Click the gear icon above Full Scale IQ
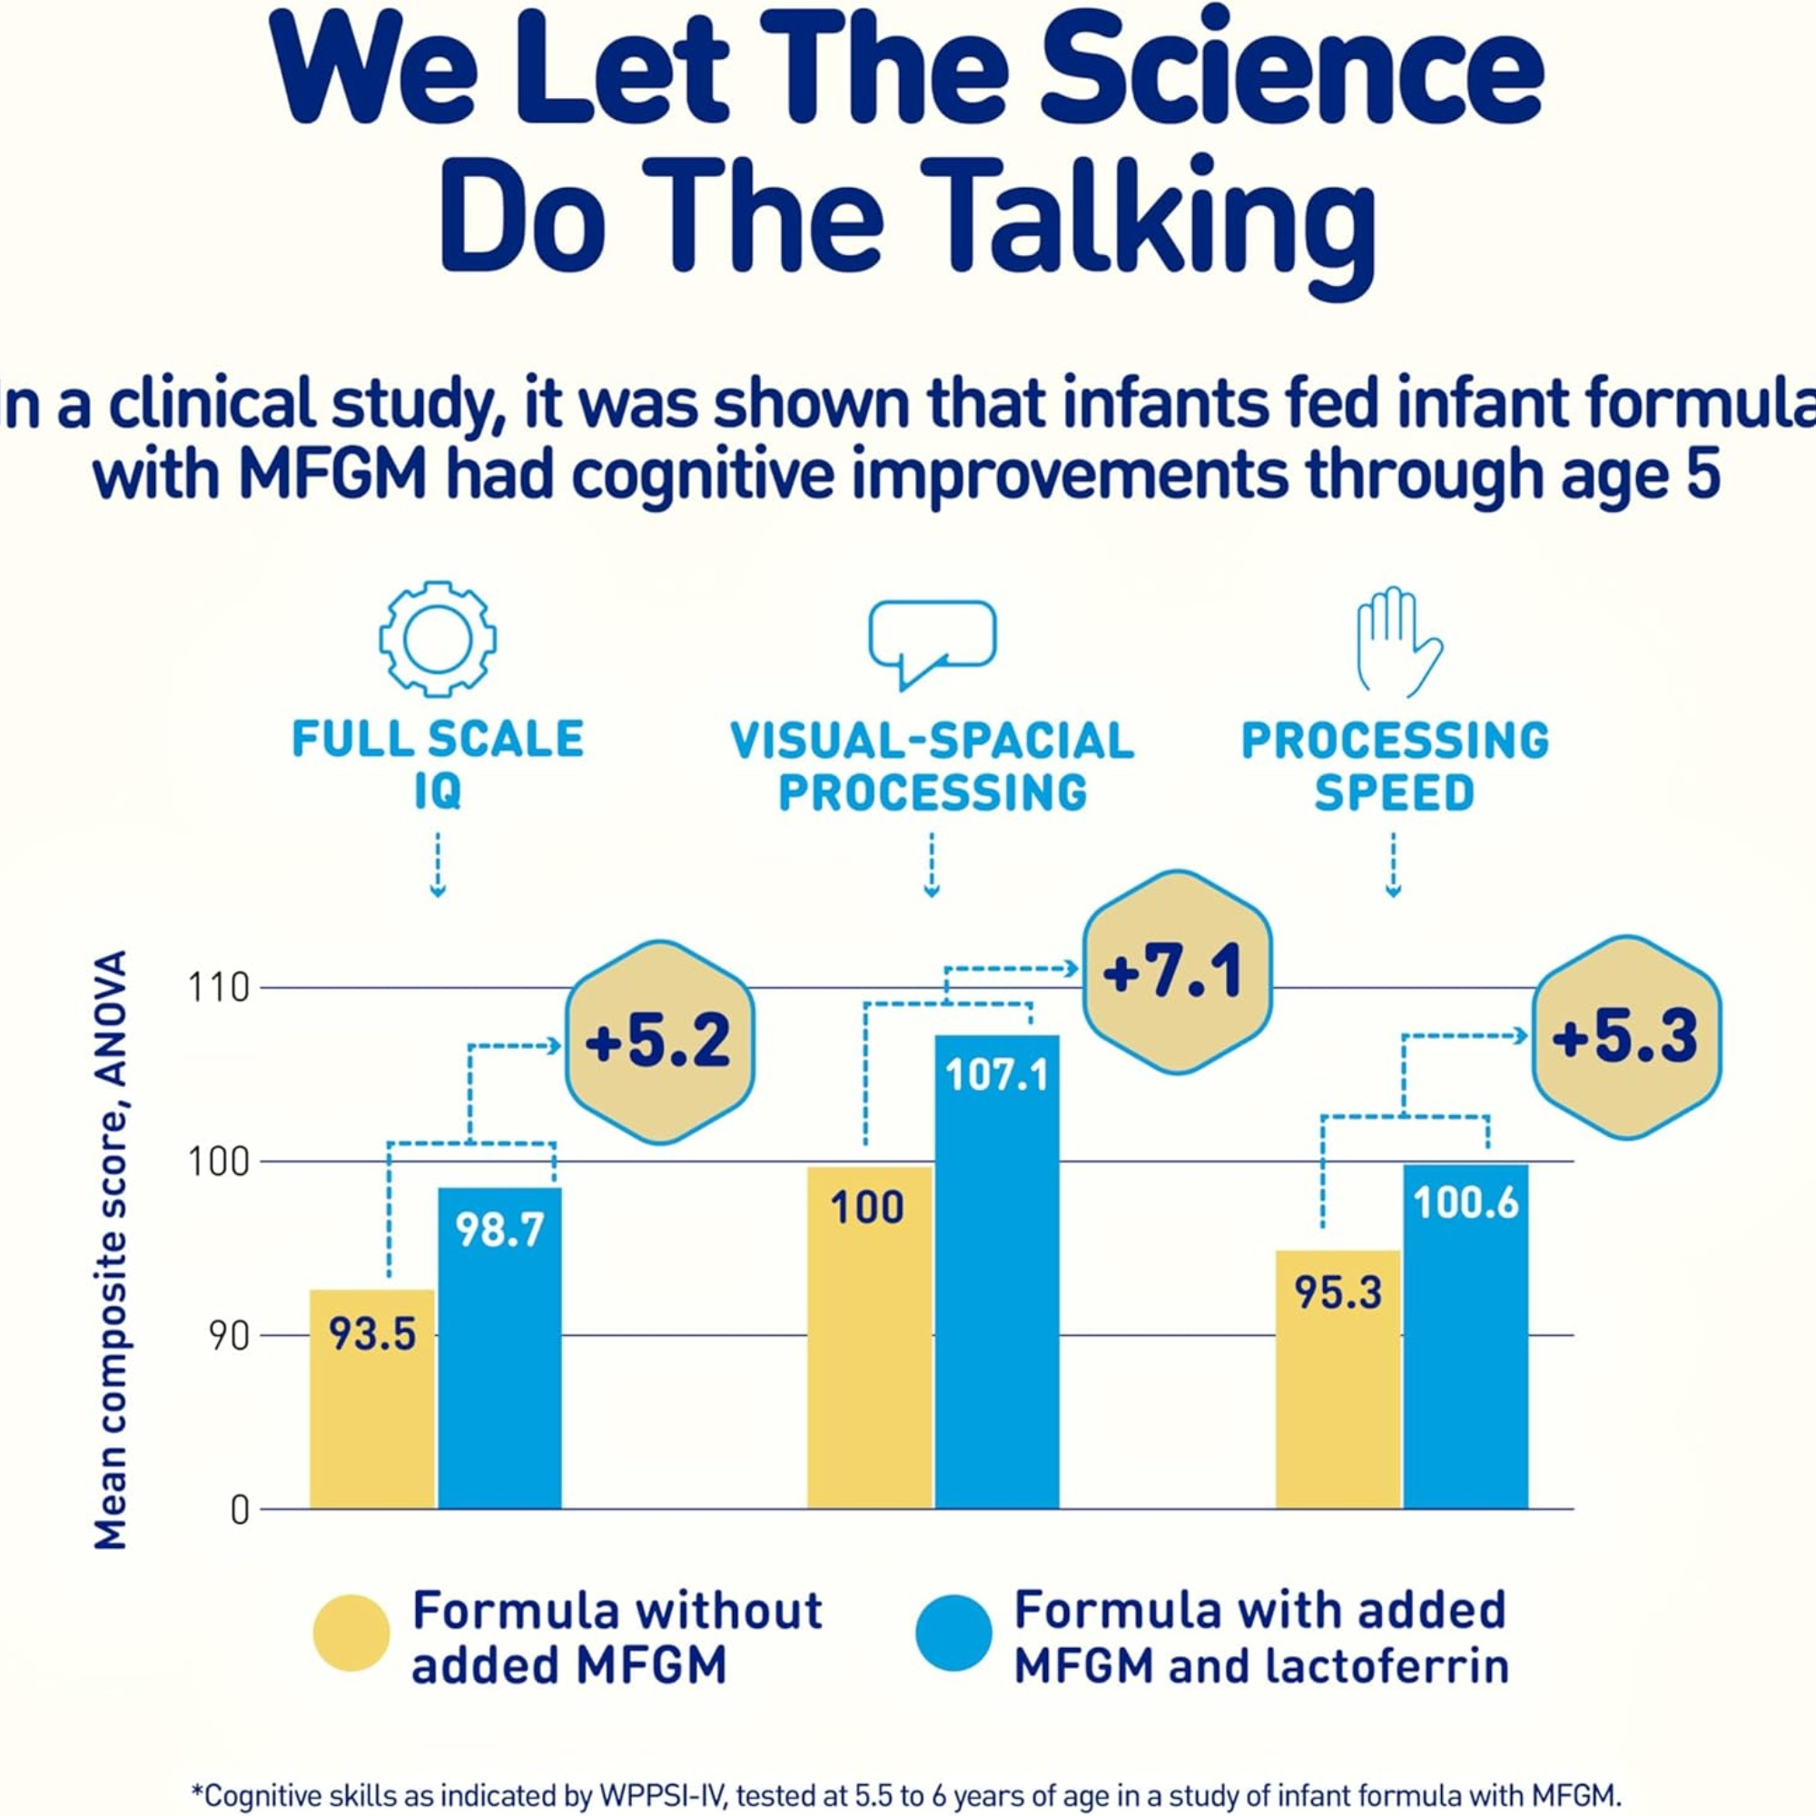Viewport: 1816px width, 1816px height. click(x=438, y=640)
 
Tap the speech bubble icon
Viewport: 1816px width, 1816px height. click(x=932, y=640)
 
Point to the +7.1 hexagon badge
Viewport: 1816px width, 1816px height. click(x=1177, y=972)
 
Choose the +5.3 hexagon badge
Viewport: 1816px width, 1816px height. click(x=1626, y=1038)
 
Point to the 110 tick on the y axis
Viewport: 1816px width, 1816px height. click(x=218, y=989)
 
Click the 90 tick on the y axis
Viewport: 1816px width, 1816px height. click(x=229, y=1337)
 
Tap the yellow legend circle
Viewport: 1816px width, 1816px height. click(x=351, y=1633)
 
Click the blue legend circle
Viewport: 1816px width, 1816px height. click(x=954, y=1633)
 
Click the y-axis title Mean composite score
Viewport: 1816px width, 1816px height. click(x=111, y=1250)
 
